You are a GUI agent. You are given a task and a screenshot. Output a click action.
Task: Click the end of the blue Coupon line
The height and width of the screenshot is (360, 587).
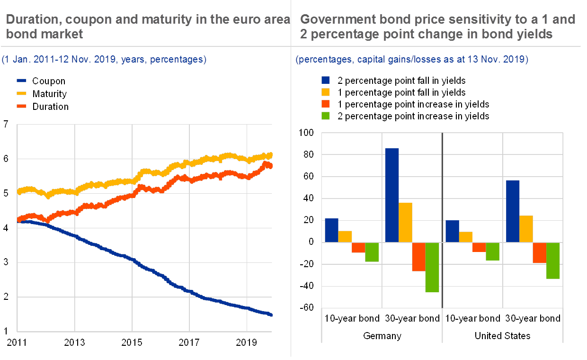271,315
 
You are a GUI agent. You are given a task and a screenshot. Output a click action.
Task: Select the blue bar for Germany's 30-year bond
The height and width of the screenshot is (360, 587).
392,195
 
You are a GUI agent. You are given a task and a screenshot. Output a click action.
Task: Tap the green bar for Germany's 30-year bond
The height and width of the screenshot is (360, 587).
432,267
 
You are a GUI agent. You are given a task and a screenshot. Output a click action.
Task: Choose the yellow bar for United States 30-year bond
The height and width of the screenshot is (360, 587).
526,229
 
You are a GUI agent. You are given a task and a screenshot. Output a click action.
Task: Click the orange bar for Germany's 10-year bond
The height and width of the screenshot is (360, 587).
358,247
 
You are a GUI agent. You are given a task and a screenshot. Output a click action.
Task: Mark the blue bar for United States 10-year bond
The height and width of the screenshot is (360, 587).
452,231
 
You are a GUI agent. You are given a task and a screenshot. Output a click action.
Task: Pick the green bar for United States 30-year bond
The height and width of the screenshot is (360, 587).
552,261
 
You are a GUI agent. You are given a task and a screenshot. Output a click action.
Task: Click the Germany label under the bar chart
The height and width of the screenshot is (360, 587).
382,336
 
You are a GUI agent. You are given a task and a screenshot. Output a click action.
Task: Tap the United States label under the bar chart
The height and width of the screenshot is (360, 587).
503,336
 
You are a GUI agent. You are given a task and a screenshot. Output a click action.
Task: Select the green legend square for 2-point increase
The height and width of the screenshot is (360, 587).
325,116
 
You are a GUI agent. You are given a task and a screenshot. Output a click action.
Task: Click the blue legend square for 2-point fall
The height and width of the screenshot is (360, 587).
325,80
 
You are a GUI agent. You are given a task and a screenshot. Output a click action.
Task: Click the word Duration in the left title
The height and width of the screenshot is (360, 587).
29,19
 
